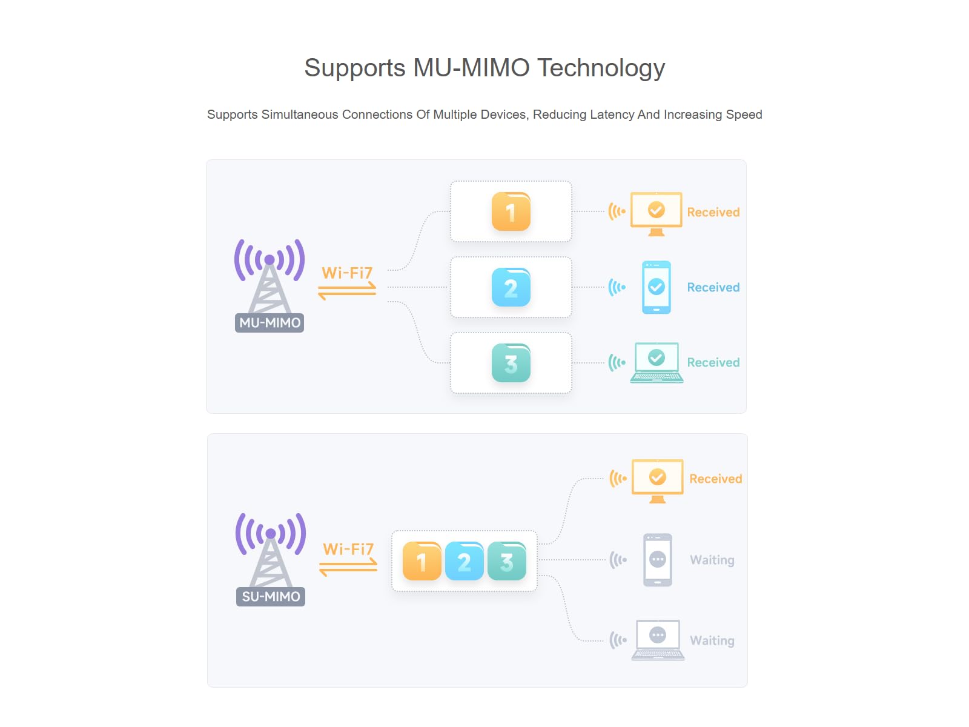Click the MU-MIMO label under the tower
pyautogui.click(x=270, y=323)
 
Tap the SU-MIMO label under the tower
pyautogui.click(x=271, y=596)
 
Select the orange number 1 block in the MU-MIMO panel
pyautogui.click(x=511, y=211)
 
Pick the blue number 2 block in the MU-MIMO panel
pyautogui.click(x=511, y=287)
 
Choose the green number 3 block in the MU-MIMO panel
pyautogui.click(x=511, y=363)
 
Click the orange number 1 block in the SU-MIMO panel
pyautogui.click(x=422, y=560)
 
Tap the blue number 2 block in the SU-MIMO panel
pyautogui.click(x=464, y=560)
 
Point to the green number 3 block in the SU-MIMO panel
pyautogui.click(x=507, y=560)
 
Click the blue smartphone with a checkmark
pyautogui.click(x=656, y=287)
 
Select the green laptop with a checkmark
pyautogui.click(x=656, y=362)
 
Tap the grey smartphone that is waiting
pyautogui.click(x=657, y=560)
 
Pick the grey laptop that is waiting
pyautogui.click(x=658, y=640)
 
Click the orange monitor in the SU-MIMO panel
pyautogui.click(x=657, y=480)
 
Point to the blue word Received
pyautogui.click(x=713, y=287)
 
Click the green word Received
pyautogui.click(x=713, y=362)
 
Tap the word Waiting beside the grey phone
pyautogui.click(x=712, y=560)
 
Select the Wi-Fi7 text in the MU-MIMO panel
pyautogui.click(x=347, y=273)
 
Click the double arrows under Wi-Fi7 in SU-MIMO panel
pyautogui.click(x=348, y=567)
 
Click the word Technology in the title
pyautogui.click(x=601, y=68)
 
